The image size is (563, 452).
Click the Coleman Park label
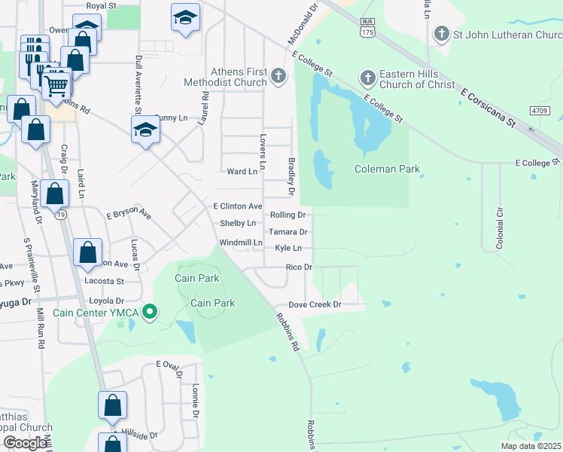coord(387,169)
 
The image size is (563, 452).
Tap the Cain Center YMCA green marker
coord(150,311)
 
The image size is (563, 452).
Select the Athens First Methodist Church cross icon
coord(278,76)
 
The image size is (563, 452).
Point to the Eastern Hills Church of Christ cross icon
coord(367,78)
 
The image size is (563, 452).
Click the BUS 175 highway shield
coord(367,29)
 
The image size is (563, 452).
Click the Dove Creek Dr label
coord(316,305)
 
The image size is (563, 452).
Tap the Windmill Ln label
coord(240,243)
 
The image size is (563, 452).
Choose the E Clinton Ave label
coord(237,206)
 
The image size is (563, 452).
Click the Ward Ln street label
coord(242,172)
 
